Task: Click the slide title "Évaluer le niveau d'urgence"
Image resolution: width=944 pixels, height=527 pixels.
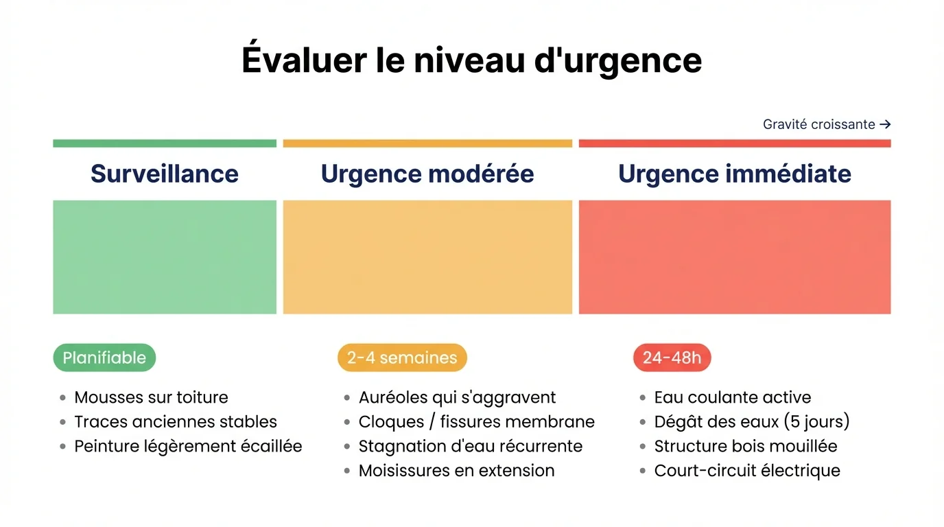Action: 471,60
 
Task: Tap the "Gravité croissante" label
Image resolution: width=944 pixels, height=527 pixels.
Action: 818,124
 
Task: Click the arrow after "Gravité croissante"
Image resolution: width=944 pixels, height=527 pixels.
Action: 885,124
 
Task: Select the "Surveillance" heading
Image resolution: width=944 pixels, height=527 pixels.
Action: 165,174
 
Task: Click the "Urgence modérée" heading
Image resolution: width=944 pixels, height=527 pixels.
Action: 427,174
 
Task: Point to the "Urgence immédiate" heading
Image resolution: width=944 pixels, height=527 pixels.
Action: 734,174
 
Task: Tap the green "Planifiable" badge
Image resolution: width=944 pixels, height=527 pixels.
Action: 104,358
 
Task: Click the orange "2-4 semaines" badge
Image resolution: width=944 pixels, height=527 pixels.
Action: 402,358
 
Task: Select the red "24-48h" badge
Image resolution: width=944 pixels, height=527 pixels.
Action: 672,358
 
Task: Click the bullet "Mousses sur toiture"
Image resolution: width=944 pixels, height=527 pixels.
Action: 151,397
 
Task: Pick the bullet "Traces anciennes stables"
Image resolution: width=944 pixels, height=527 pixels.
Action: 176,421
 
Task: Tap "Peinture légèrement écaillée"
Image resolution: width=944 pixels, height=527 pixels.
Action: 188,446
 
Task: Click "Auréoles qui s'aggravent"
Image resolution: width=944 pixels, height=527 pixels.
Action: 457,397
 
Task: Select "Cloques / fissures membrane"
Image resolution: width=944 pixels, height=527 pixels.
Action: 476,421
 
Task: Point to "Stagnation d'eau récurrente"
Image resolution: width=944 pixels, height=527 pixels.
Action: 470,446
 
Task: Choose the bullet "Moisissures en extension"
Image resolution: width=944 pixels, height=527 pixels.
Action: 456,471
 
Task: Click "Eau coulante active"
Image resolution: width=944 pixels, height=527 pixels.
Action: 732,397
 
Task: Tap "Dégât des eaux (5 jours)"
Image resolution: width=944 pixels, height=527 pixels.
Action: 751,421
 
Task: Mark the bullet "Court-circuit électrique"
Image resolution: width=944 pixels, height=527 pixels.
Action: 747,471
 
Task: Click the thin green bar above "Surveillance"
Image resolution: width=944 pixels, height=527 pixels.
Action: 165,143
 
